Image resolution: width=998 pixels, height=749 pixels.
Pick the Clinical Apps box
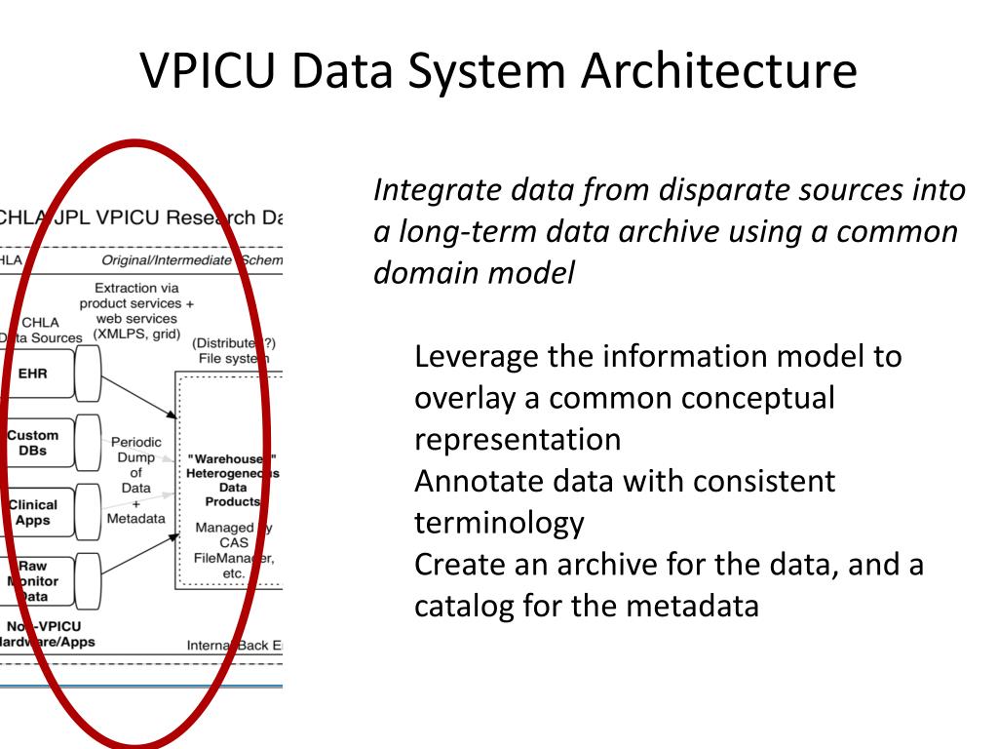(33, 512)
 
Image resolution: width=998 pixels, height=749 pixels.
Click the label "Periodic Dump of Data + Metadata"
(135, 480)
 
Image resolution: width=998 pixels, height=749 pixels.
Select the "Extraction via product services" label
(136, 296)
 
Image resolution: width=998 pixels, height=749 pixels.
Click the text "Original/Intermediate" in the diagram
(166, 259)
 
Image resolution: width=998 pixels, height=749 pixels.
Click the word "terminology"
(499, 524)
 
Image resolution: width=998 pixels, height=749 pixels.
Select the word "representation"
(518, 439)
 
